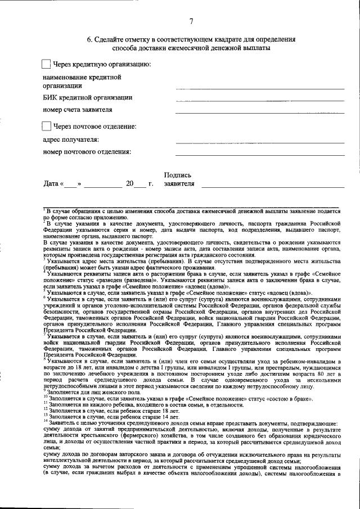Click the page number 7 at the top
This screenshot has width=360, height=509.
191,21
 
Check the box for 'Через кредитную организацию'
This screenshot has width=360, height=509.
47,65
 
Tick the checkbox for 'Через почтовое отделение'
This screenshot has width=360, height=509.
47,127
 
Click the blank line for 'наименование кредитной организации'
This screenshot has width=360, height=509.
259,89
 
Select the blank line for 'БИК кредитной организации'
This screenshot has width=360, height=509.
259,101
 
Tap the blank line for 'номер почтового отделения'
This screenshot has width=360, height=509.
259,155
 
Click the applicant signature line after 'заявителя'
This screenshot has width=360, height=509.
276,186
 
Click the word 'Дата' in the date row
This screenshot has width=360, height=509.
51,184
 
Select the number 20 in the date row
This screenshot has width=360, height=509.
130,184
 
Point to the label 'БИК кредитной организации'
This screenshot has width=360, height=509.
88,98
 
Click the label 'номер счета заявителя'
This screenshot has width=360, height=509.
78,110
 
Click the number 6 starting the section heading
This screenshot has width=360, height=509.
89,39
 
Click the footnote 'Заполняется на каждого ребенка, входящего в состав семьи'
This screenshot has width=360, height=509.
146,404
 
